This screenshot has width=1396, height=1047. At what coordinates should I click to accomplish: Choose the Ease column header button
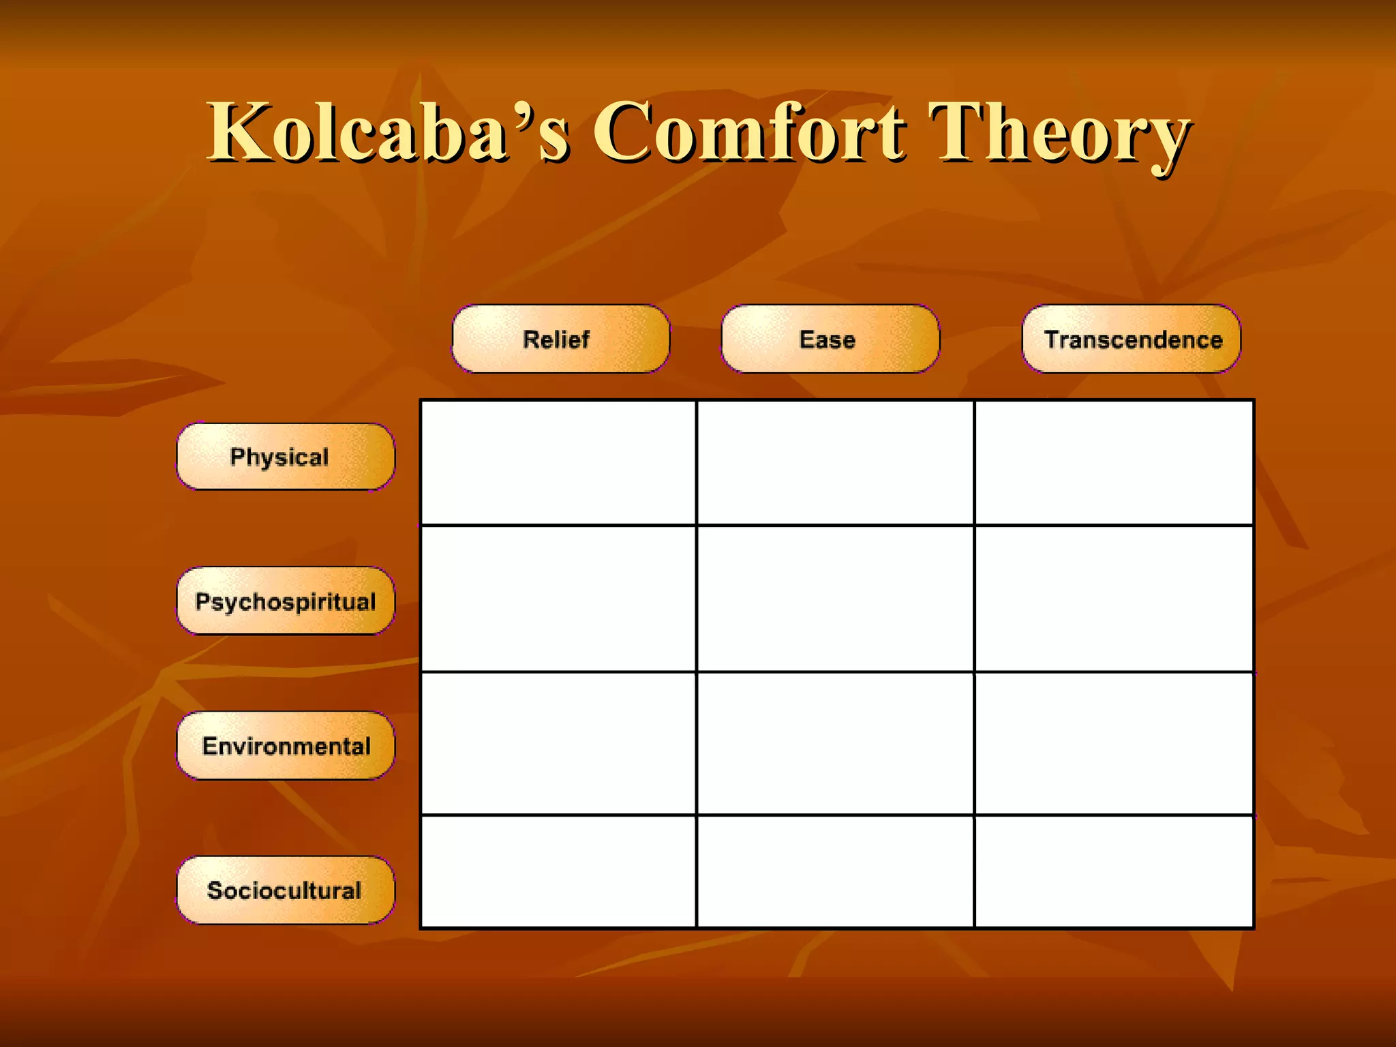pyautogui.click(x=830, y=339)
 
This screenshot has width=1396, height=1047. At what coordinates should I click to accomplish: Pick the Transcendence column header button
pyautogui.click(x=1131, y=339)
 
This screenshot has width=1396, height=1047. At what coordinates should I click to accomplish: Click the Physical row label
pyautogui.click(x=286, y=457)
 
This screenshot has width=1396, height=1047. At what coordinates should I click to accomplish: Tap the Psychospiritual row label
pyautogui.click(x=286, y=601)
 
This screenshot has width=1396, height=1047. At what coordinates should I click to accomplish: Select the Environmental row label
pyautogui.click(x=286, y=746)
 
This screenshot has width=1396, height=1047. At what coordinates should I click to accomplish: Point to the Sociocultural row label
pyautogui.click(x=286, y=890)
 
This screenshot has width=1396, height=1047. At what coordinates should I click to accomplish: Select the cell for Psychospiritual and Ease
pyautogui.click(x=835, y=598)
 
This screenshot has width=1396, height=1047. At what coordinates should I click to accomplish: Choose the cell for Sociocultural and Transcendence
pyautogui.click(x=1114, y=871)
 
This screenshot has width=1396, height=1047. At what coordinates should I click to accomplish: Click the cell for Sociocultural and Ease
pyautogui.click(x=835, y=871)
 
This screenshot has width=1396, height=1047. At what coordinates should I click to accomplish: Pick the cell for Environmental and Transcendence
pyautogui.click(x=1114, y=743)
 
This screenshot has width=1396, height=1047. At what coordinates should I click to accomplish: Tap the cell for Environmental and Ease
pyautogui.click(x=835, y=743)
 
